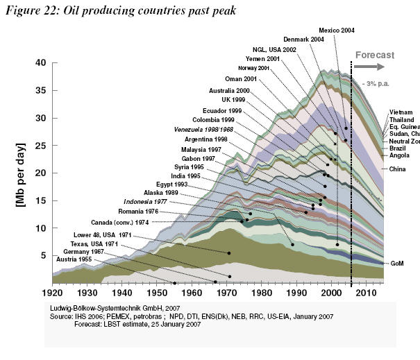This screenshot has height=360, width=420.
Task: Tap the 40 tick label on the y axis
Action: tap(40, 63)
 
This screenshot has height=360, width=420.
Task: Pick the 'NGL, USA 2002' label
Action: tap(276, 50)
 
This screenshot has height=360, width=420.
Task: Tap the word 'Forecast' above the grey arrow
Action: tap(374, 55)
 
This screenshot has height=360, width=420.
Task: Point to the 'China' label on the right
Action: tap(398, 169)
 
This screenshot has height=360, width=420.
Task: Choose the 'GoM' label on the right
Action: tap(397, 264)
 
